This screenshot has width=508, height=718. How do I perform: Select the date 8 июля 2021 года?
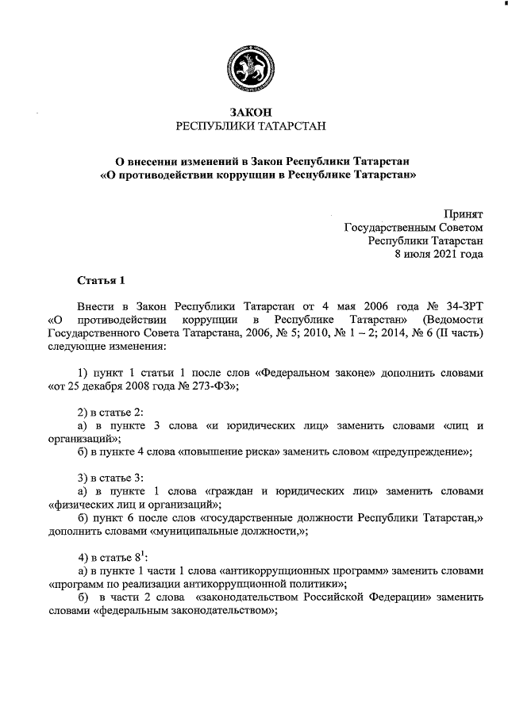tap(439, 255)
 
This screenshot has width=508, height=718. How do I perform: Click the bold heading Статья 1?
tap(101, 281)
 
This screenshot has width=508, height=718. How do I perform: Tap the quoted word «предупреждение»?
tap(421, 451)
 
